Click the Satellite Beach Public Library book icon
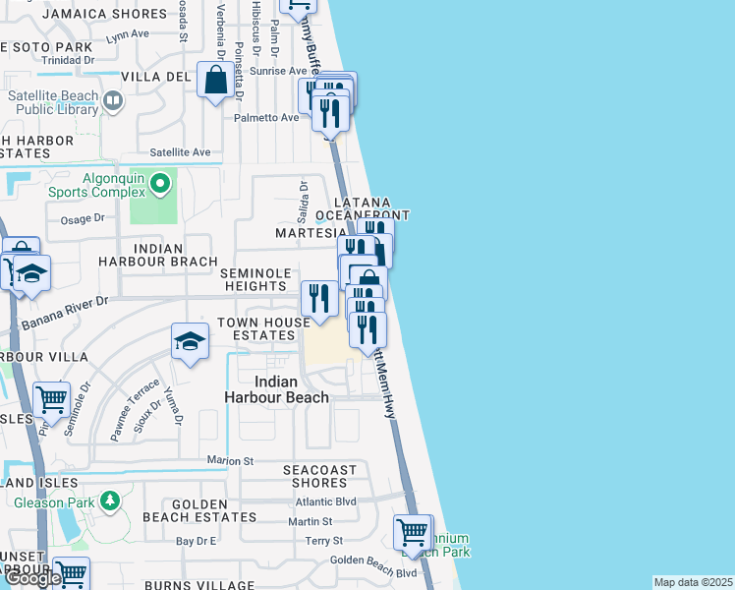click(x=113, y=100)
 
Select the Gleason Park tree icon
click(x=110, y=501)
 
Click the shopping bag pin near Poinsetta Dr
click(x=215, y=81)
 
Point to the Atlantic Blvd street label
click(x=327, y=501)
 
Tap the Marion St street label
click(x=230, y=460)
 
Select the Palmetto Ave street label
click(x=265, y=118)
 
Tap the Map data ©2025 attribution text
click(x=693, y=582)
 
